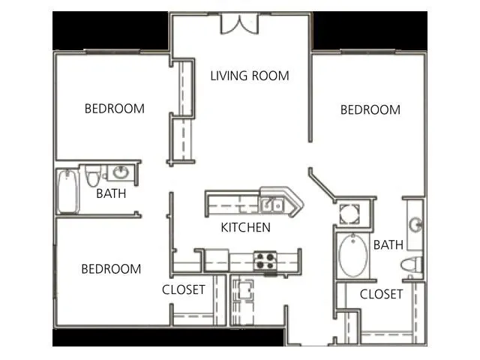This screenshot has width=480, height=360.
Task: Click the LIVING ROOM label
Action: pyautogui.click(x=250, y=76)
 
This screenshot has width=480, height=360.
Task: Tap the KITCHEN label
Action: pyautogui.click(x=245, y=227)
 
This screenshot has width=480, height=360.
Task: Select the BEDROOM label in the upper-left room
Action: pyautogui.click(x=114, y=109)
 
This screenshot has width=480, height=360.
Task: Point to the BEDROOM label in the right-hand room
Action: pyautogui.click(x=370, y=109)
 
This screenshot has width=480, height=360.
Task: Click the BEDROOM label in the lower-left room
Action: pyautogui.click(x=111, y=268)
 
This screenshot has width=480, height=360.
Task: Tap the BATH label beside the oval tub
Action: pyautogui.click(x=388, y=244)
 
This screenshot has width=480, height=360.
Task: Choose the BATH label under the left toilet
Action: pyautogui.click(x=111, y=193)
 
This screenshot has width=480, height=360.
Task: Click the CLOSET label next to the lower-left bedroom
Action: pyautogui.click(x=184, y=289)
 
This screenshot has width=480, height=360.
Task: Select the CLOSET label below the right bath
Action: pyautogui.click(x=381, y=294)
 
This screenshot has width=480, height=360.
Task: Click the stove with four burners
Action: pyautogui.click(x=263, y=260)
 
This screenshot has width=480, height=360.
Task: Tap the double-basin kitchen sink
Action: pyautogui.click(x=271, y=203)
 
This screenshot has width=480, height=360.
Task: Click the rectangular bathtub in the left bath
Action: pyautogui.click(x=67, y=192)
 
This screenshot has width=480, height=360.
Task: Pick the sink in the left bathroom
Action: pyautogui.click(x=121, y=173)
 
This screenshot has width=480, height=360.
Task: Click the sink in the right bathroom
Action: pyautogui.click(x=416, y=224)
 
